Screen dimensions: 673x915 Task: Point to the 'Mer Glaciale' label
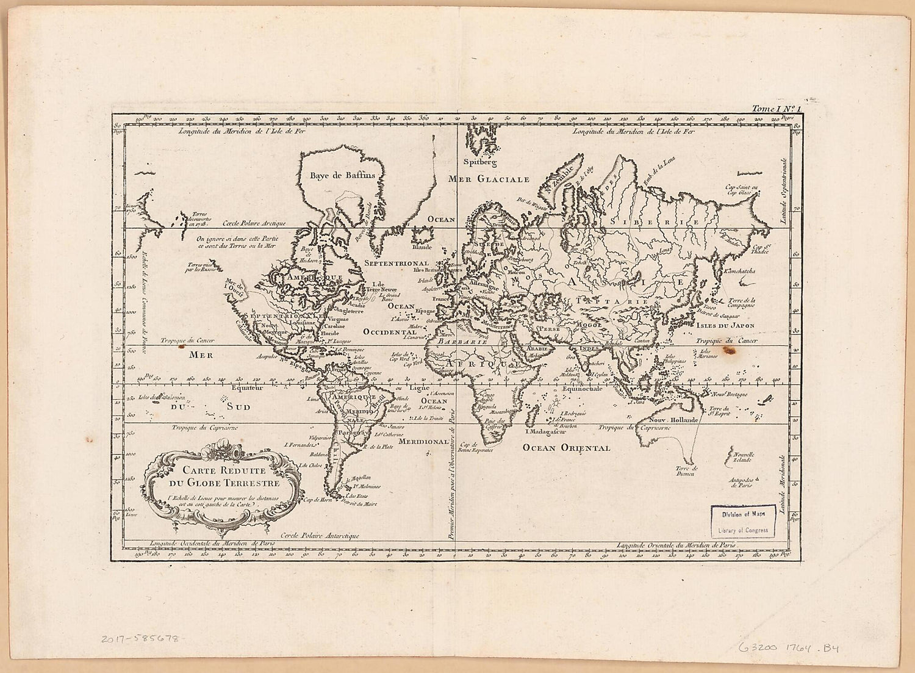click(488, 179)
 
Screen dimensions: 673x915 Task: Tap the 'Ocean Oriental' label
click(566, 448)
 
